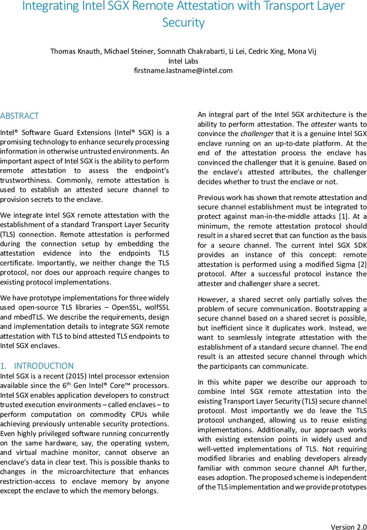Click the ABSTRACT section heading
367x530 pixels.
19,116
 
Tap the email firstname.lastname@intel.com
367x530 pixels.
183,70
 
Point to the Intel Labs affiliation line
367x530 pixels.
183,61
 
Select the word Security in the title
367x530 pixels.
183,23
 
